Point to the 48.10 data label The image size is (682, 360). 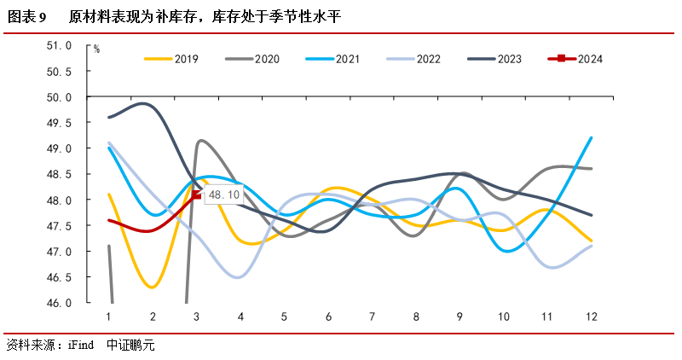[x=224, y=195]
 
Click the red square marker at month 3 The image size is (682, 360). [x=197, y=195]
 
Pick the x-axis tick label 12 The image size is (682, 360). [x=592, y=316]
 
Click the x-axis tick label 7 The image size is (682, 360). [x=373, y=316]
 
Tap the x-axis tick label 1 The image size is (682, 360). [x=109, y=316]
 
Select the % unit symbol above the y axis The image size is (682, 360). [x=96, y=49]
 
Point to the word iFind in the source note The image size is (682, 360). [x=80, y=345]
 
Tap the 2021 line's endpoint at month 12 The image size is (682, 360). [x=592, y=137]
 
